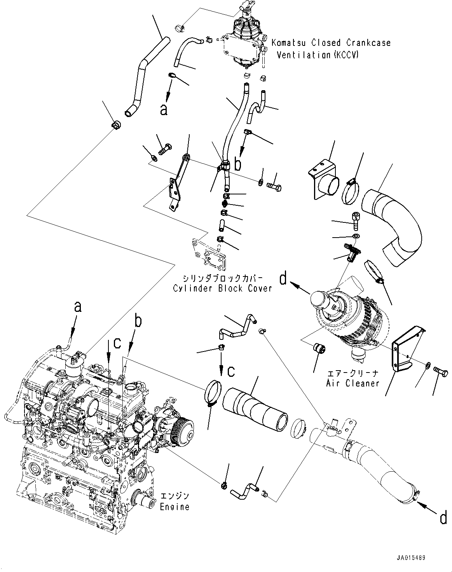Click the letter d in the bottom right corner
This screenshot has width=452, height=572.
point(443,519)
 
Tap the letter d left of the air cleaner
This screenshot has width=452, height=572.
point(284,278)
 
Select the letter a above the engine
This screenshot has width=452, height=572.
point(78,307)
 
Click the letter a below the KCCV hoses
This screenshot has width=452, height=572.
point(164,110)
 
